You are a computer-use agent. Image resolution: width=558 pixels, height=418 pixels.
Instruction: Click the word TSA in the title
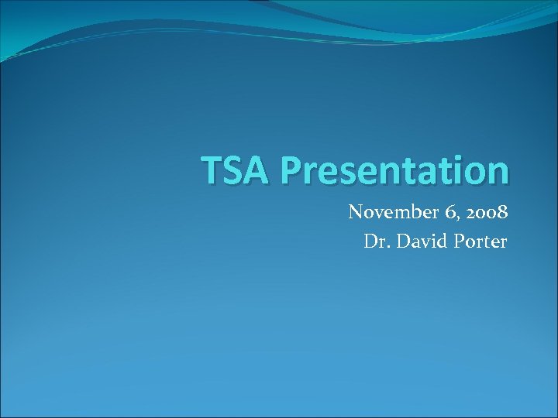point(233,170)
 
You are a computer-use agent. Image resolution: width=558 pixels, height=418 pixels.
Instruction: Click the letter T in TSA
point(211,170)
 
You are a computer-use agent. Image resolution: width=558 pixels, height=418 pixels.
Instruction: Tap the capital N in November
point(356,212)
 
